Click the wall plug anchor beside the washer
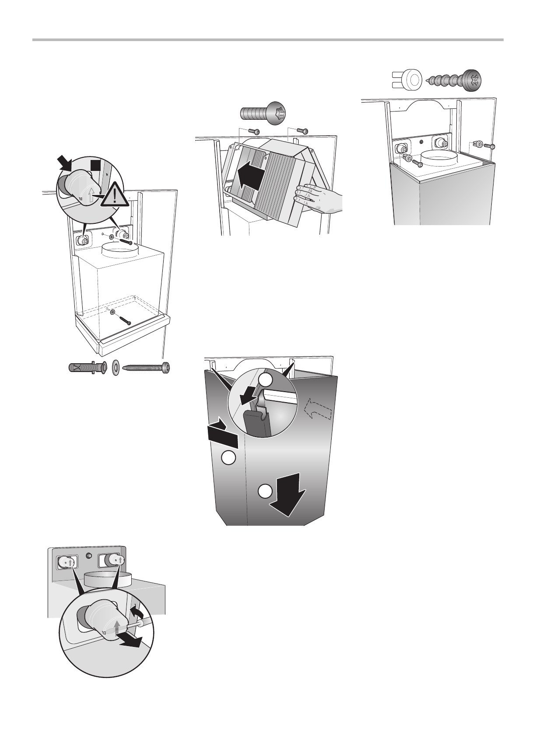tap(88, 367)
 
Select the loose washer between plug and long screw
tap(117, 367)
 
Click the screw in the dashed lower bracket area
tap(125, 320)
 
